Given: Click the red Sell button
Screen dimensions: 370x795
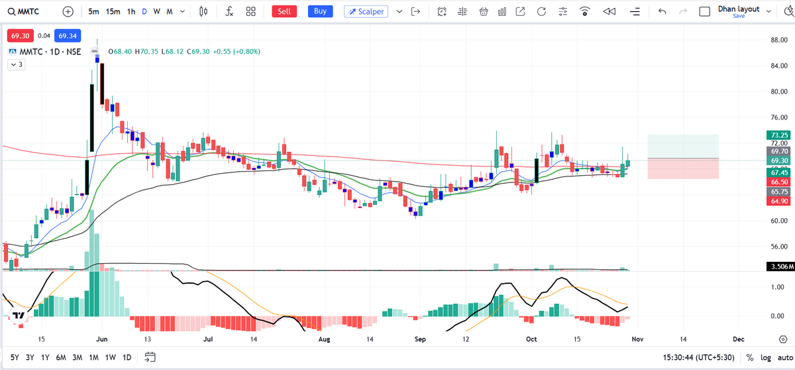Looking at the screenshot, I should click(x=284, y=11).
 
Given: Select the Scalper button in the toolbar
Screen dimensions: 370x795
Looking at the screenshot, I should click(x=366, y=11).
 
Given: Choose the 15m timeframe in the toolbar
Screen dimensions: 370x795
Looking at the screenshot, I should click(x=113, y=11).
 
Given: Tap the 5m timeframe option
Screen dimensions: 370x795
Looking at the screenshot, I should click(x=93, y=11).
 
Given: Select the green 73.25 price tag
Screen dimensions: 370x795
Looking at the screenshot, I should click(x=776, y=135).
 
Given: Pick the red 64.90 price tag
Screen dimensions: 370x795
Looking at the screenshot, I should click(x=776, y=201).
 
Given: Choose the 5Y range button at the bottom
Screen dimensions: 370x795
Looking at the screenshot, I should click(x=15, y=357).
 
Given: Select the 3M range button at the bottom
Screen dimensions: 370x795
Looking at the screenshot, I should click(x=77, y=357).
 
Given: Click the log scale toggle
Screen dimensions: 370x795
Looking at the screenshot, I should click(x=766, y=357).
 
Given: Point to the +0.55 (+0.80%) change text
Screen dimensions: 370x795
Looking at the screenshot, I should click(x=237, y=51).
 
